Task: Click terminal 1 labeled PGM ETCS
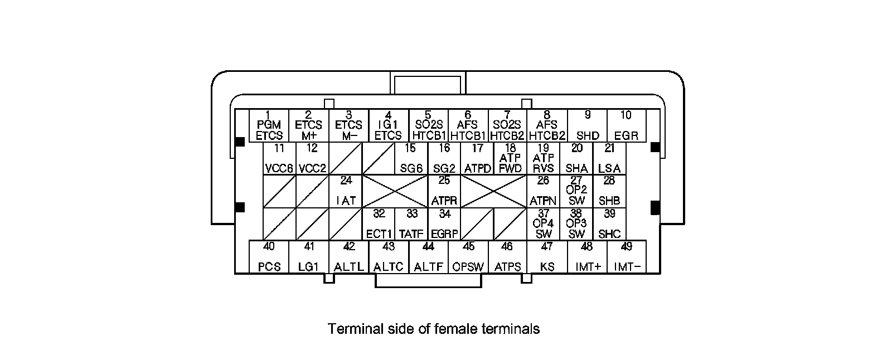pyautogui.click(x=269, y=125)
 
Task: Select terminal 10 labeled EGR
pyautogui.click(x=626, y=125)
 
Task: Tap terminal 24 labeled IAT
pyautogui.click(x=346, y=191)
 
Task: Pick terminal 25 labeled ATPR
pyautogui.click(x=444, y=191)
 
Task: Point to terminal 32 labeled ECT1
pyautogui.click(x=379, y=224)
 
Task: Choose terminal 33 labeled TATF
pyautogui.click(x=411, y=224)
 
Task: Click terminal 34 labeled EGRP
pyautogui.click(x=444, y=224)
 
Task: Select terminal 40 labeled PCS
pyautogui.click(x=269, y=257)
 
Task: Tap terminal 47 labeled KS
pyautogui.click(x=547, y=257)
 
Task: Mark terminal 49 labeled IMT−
pyautogui.click(x=627, y=257)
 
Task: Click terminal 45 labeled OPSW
pyautogui.click(x=468, y=257)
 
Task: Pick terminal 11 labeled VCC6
pyautogui.click(x=279, y=158)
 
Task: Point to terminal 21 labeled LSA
pyautogui.click(x=609, y=158)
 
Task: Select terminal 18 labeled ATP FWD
pyautogui.click(x=510, y=158)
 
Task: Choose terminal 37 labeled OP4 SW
pyautogui.click(x=543, y=224)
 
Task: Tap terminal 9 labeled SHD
pyautogui.click(x=587, y=125)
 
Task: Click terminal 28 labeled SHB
pyautogui.click(x=609, y=191)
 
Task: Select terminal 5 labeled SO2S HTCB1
pyautogui.click(x=428, y=125)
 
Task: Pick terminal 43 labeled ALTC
pyautogui.click(x=389, y=257)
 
